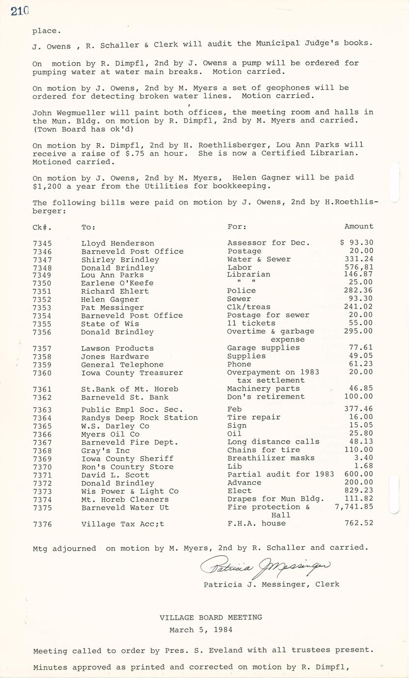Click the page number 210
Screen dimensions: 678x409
click(20, 11)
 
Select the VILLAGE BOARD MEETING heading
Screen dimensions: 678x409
click(211, 617)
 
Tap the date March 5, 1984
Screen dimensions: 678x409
click(201, 629)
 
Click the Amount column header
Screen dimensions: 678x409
click(358, 226)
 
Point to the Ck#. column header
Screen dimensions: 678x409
click(42, 227)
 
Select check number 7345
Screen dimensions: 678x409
click(42, 243)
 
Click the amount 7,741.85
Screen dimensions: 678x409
click(354, 507)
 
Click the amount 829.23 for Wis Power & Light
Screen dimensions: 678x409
click(360, 491)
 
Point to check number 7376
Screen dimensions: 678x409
click(42, 524)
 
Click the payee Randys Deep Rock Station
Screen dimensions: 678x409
click(139, 418)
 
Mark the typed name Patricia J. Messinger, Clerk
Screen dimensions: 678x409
click(272, 584)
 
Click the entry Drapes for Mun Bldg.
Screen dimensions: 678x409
click(275, 499)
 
